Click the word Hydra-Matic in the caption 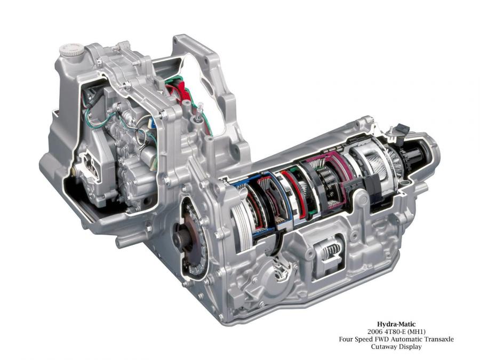[396, 324]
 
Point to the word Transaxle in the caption [438, 339]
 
